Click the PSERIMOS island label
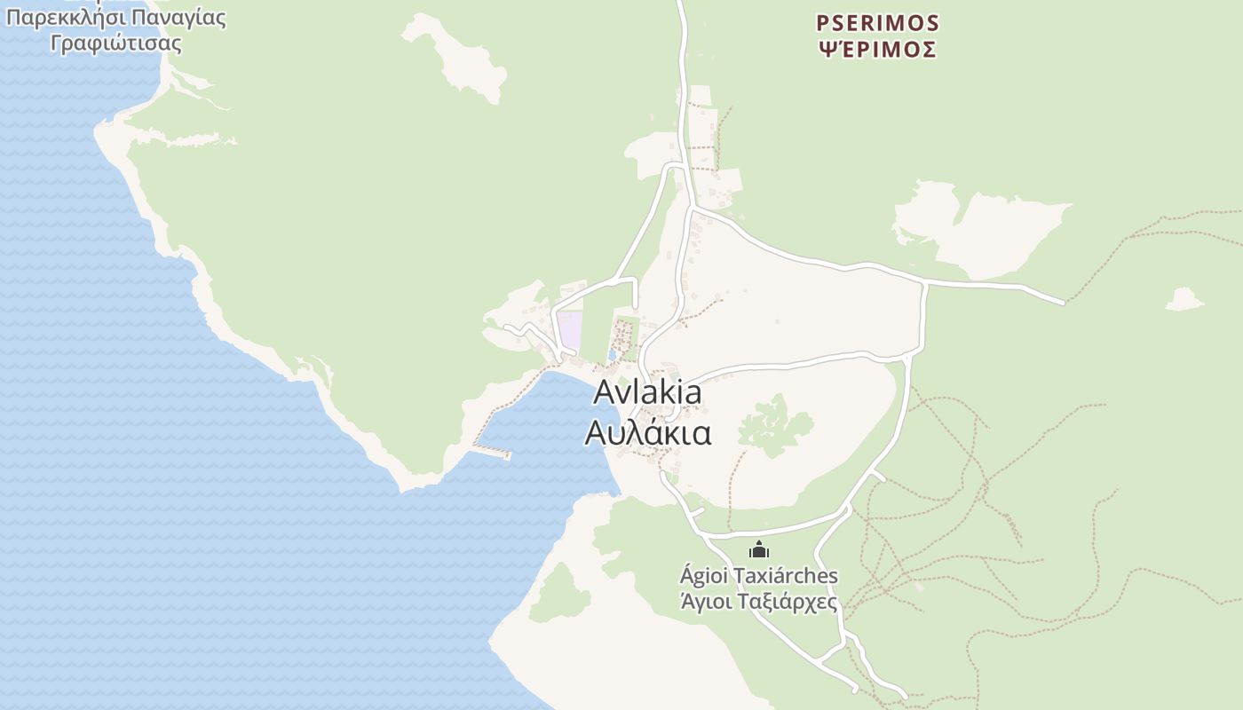coord(877,22)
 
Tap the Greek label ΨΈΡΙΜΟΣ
coord(877,50)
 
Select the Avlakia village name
coord(647,391)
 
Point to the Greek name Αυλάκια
coord(647,432)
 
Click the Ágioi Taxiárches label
coord(758,576)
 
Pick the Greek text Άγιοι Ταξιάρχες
coord(758,601)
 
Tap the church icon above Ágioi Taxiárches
coord(758,550)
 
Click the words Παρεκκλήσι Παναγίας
coord(115,18)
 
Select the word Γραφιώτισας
coord(115,43)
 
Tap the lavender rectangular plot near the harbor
coord(569,330)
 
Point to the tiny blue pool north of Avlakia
coord(613,355)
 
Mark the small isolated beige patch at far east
coord(1184,300)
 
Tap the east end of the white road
coord(1062,302)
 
